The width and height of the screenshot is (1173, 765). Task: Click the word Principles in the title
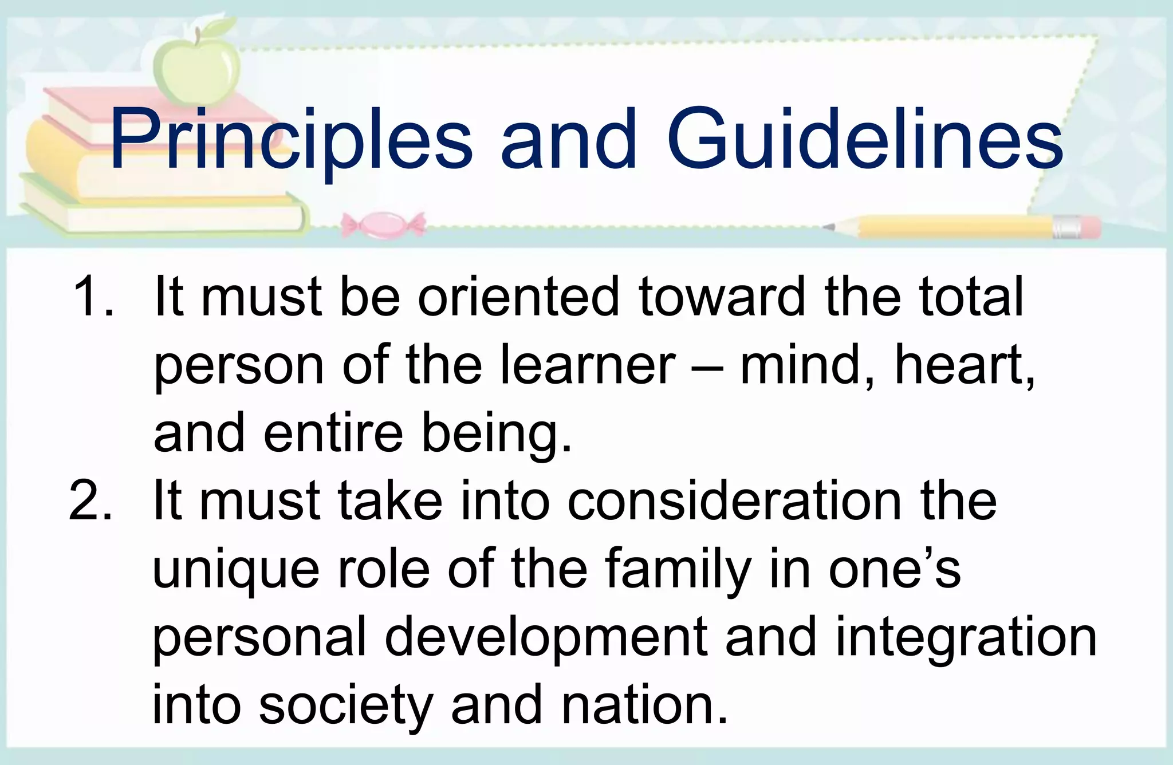pyautogui.click(x=291, y=140)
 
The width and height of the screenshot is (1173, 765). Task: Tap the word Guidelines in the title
pyautogui.click(x=864, y=140)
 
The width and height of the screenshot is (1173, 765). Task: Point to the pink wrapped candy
pyautogui.click(x=383, y=224)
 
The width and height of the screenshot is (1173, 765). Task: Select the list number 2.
pyautogui.click(x=90, y=501)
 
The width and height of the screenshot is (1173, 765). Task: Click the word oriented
pyautogui.click(x=518, y=297)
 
